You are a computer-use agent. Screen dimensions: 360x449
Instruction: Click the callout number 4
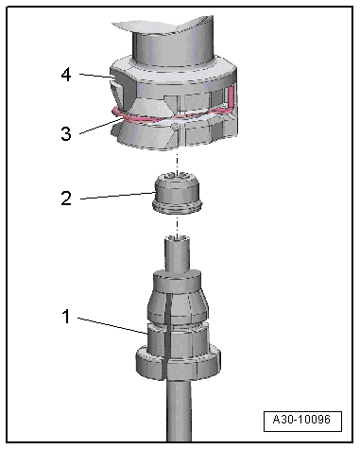coord(66,76)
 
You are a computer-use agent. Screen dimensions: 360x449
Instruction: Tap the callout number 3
coord(66,133)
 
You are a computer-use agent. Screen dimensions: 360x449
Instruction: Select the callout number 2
coord(66,199)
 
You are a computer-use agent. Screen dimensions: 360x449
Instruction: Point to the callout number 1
coord(66,317)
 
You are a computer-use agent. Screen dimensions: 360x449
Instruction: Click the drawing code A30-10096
coord(301,420)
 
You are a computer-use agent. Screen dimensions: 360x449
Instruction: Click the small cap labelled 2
coord(177,193)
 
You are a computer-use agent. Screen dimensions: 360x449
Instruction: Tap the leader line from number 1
coord(112,325)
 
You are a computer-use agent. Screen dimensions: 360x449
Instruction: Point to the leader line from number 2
coord(118,196)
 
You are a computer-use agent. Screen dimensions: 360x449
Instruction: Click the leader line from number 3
coord(100,126)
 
